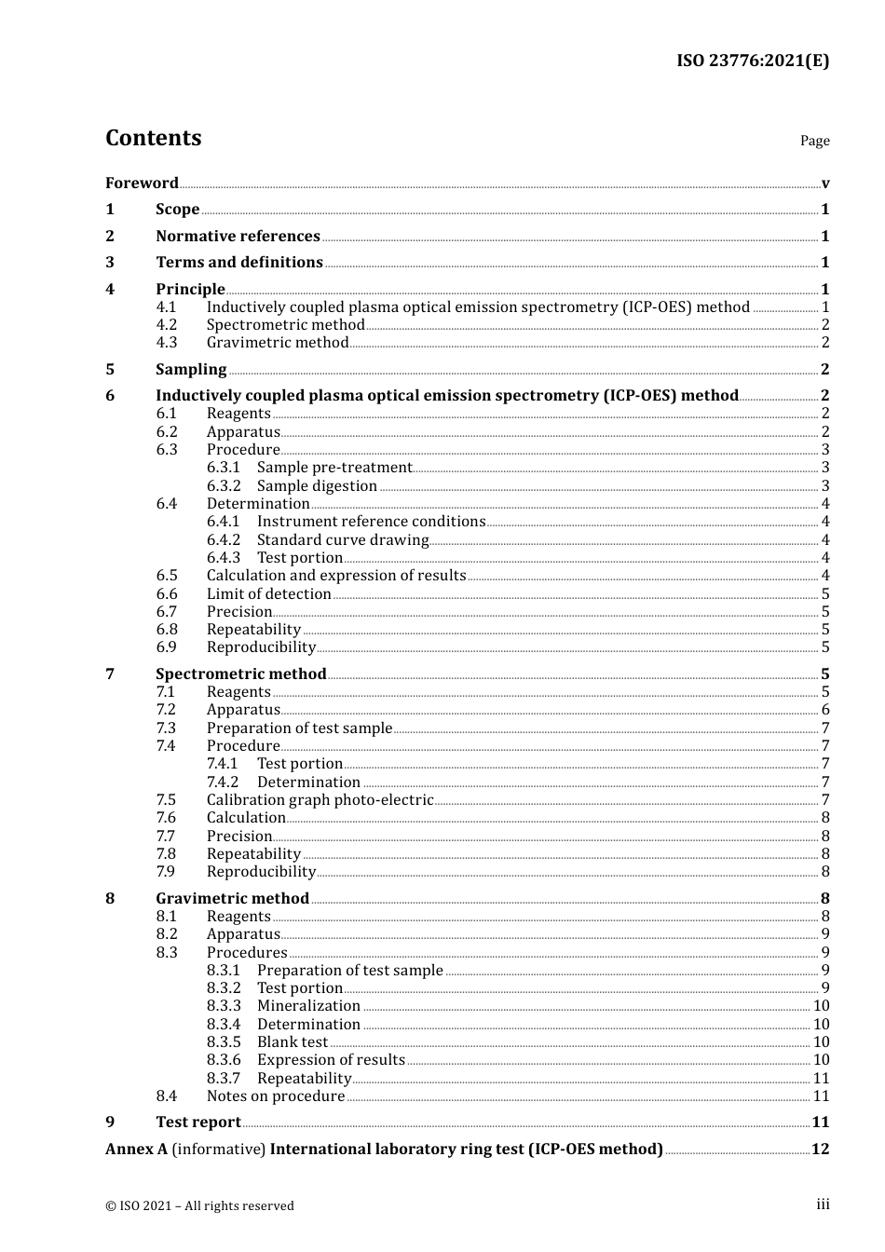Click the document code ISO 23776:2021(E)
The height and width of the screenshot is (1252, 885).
tap(752, 61)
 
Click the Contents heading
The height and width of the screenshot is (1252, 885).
tap(153, 138)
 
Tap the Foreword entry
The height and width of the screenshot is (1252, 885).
tap(142, 183)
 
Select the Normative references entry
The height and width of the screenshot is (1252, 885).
tap(238, 236)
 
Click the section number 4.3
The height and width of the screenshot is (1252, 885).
tap(166, 342)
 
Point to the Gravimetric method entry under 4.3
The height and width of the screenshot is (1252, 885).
tap(277, 342)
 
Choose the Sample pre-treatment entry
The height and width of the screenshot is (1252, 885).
tap(334, 468)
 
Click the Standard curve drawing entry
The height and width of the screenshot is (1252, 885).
tap(342, 539)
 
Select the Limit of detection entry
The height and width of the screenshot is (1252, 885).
tap(268, 593)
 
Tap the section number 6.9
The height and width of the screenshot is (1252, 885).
tap(166, 646)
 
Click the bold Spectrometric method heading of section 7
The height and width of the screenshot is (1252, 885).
tap(240, 674)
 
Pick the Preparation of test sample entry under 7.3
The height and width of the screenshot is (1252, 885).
tap(299, 728)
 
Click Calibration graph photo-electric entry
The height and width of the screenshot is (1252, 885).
tap(320, 799)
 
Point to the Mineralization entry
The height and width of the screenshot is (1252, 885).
tap(308, 1005)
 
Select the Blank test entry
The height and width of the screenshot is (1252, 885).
tap(292, 1041)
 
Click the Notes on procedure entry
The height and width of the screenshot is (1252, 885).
tap(275, 1095)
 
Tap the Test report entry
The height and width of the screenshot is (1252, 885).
tap(197, 1122)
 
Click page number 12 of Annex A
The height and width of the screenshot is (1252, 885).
tap(820, 1149)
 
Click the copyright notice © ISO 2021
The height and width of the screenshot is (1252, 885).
tap(199, 1205)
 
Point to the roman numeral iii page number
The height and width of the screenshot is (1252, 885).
tap(823, 1204)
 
